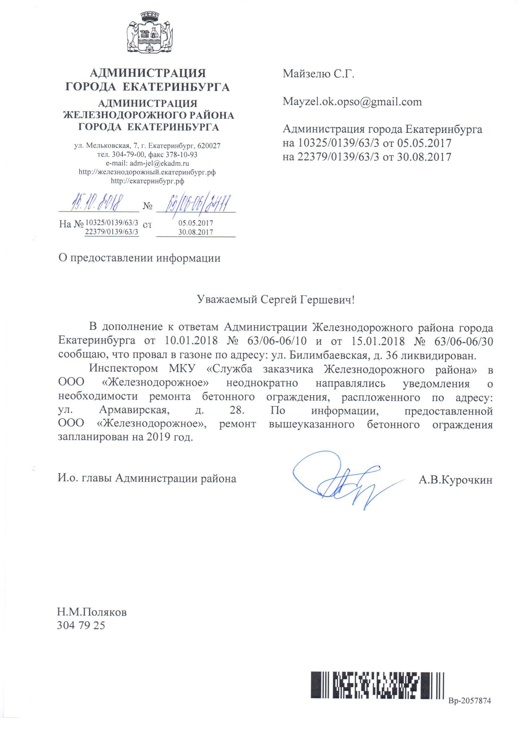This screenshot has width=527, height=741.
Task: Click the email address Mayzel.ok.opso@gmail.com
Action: coord(352,102)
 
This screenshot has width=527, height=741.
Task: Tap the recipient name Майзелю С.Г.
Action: coord(318,74)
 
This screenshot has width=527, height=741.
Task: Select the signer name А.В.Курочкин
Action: coord(455,480)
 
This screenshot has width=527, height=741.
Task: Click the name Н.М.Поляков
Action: coord(92,612)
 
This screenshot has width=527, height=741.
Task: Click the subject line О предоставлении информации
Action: coord(139,258)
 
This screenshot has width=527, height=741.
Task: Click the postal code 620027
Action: coord(209,146)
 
